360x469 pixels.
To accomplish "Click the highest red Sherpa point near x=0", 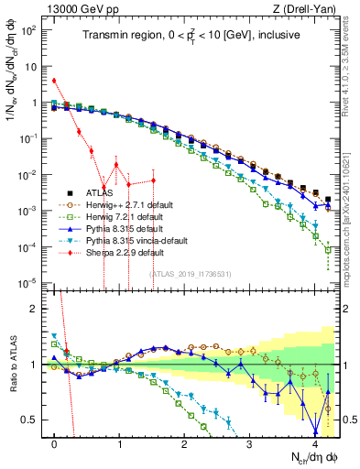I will [x=55, y=81].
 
